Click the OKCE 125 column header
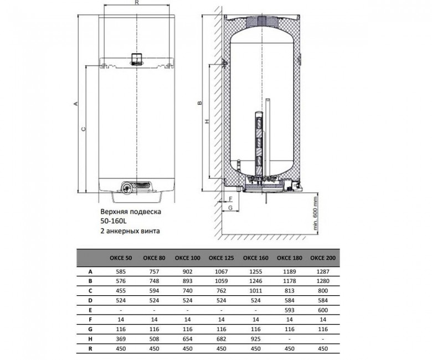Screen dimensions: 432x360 221,258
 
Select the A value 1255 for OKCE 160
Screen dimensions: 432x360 255,271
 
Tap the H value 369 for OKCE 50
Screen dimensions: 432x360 121,339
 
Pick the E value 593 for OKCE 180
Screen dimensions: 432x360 289,310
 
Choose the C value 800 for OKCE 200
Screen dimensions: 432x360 323,291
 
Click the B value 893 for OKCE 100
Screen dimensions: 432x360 187,281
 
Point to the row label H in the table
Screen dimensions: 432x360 90,339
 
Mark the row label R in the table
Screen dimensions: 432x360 90,349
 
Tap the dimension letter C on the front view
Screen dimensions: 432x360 84,128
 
